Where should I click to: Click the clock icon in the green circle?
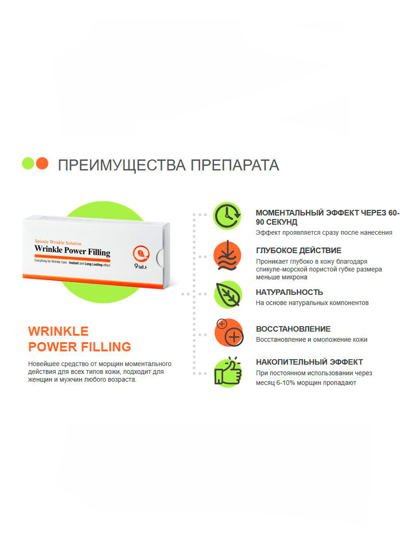tap(227, 216)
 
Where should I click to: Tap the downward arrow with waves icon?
tap(228, 255)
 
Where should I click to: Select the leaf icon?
tap(228, 294)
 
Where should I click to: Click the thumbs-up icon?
tap(228, 372)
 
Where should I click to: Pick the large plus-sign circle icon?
tap(234, 337)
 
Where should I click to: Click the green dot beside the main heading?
tap(28, 163)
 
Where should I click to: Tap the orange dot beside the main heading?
tap(42, 163)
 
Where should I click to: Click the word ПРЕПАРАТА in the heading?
tap(235, 165)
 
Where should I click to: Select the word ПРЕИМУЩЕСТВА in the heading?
tap(122, 165)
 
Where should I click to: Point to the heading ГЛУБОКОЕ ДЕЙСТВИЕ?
tap(299, 250)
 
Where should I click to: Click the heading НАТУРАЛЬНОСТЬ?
tap(289, 292)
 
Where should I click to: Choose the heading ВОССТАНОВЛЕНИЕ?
tap(293, 329)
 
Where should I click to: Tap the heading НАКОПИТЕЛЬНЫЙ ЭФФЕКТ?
tap(309, 362)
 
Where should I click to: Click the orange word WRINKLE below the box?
tap(58, 331)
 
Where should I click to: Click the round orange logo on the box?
tap(141, 254)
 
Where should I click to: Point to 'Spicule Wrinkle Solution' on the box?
tap(58, 242)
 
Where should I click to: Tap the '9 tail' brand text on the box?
tap(141, 266)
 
